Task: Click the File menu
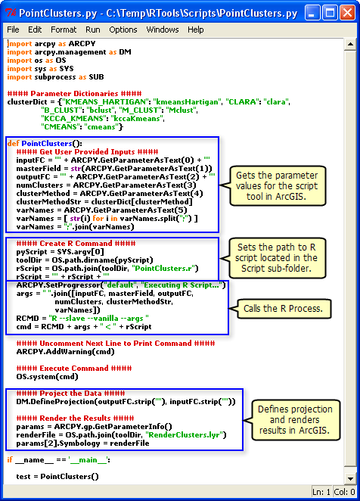(13, 30)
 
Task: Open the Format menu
(64, 30)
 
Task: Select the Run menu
(92, 30)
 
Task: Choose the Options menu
(123, 30)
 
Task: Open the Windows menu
(163, 30)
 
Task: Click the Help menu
(195, 30)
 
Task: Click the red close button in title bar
(347, 13)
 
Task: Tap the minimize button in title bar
(312, 13)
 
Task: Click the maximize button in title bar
(330, 13)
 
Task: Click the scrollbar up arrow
(350, 44)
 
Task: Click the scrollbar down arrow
(350, 478)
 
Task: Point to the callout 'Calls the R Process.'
(284, 309)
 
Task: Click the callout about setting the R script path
(277, 258)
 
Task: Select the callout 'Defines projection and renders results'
(295, 420)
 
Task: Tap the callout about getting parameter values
(277, 186)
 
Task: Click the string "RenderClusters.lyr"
(185, 435)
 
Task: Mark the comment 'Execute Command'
(74, 369)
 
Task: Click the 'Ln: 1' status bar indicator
(321, 492)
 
